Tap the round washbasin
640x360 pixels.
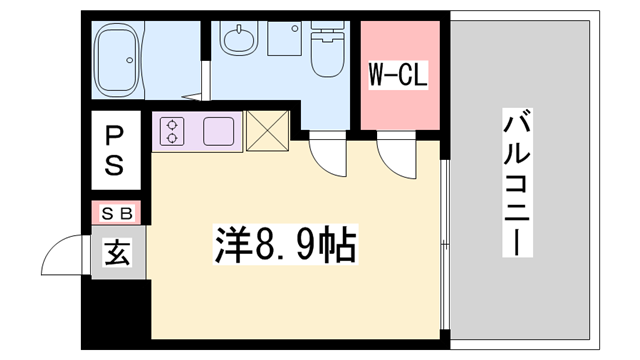click(x=239, y=42)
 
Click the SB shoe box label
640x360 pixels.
click(x=118, y=213)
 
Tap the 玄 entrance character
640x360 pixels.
click(x=118, y=253)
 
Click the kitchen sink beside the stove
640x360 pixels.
click(x=219, y=130)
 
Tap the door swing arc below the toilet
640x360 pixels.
click(x=325, y=154)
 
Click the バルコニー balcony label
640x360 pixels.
click(x=516, y=185)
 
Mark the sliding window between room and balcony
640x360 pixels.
click(x=445, y=240)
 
